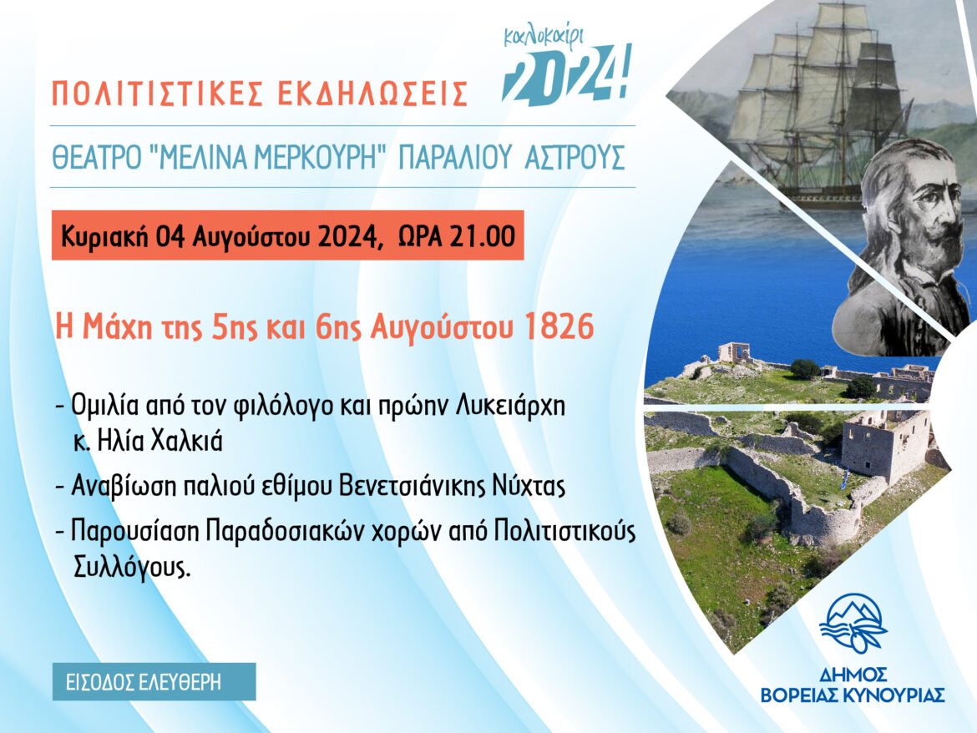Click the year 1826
(559, 326)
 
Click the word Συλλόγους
(131, 568)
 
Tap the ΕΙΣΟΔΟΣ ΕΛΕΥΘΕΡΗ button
(154, 682)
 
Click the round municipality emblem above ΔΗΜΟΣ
(853, 624)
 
